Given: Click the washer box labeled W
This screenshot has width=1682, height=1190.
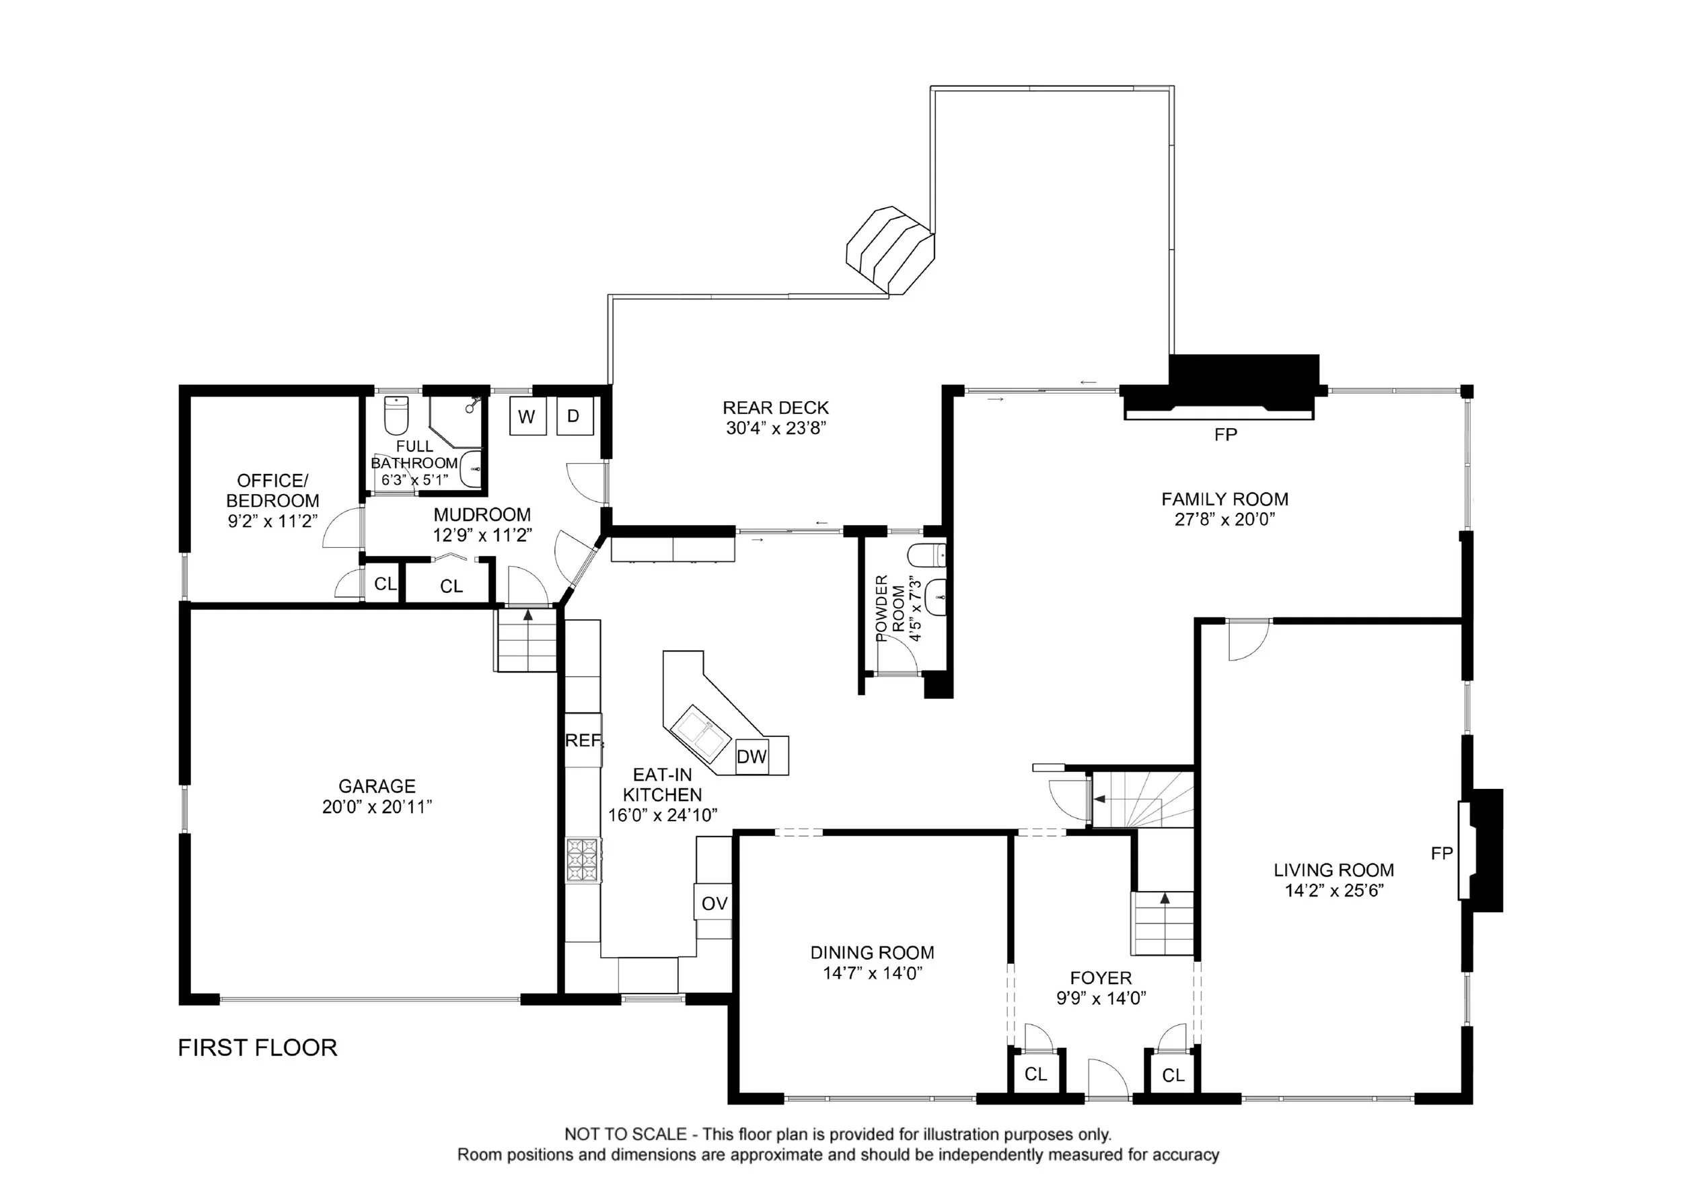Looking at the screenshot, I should [x=527, y=417].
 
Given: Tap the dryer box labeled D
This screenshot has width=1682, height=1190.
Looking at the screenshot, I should [x=574, y=416].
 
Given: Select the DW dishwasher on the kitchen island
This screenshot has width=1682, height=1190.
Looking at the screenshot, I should [x=752, y=757].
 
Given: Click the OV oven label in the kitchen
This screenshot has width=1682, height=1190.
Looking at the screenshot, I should [x=714, y=903].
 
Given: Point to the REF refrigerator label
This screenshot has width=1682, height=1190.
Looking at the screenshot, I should [x=584, y=741].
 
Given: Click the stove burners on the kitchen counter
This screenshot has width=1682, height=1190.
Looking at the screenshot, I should [x=583, y=861].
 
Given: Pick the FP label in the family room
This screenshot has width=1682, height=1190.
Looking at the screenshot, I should [x=1226, y=435].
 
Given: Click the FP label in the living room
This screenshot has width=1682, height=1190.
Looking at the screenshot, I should [x=1441, y=853].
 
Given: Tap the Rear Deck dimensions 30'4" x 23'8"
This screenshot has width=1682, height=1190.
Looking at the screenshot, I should [x=776, y=428].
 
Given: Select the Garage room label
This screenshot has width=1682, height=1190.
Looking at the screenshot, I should [x=377, y=786].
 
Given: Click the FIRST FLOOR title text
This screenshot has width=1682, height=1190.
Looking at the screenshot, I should [x=257, y=1048].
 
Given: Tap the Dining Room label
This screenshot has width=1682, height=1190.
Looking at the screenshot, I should [x=872, y=952].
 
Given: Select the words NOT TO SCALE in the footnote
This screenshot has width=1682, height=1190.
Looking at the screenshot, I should [x=625, y=1134].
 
